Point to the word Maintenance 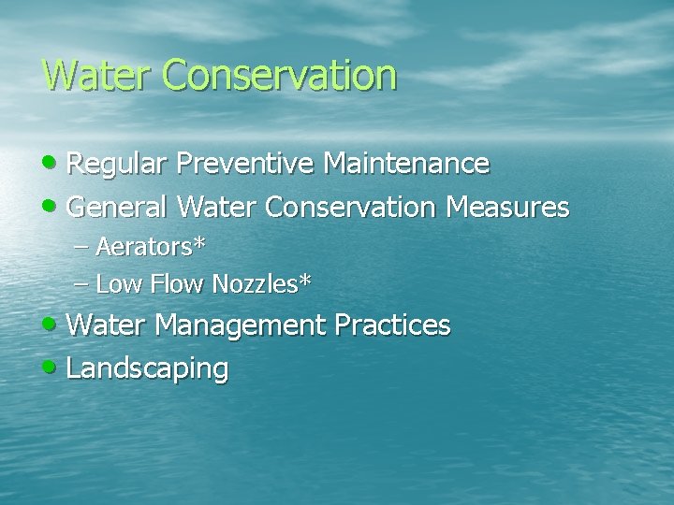point(406,165)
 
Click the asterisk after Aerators point(199,245)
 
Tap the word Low point(116,282)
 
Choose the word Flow point(175,282)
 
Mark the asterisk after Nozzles point(305,280)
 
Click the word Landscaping point(148,368)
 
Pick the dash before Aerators point(83,249)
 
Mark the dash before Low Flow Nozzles point(83,283)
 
